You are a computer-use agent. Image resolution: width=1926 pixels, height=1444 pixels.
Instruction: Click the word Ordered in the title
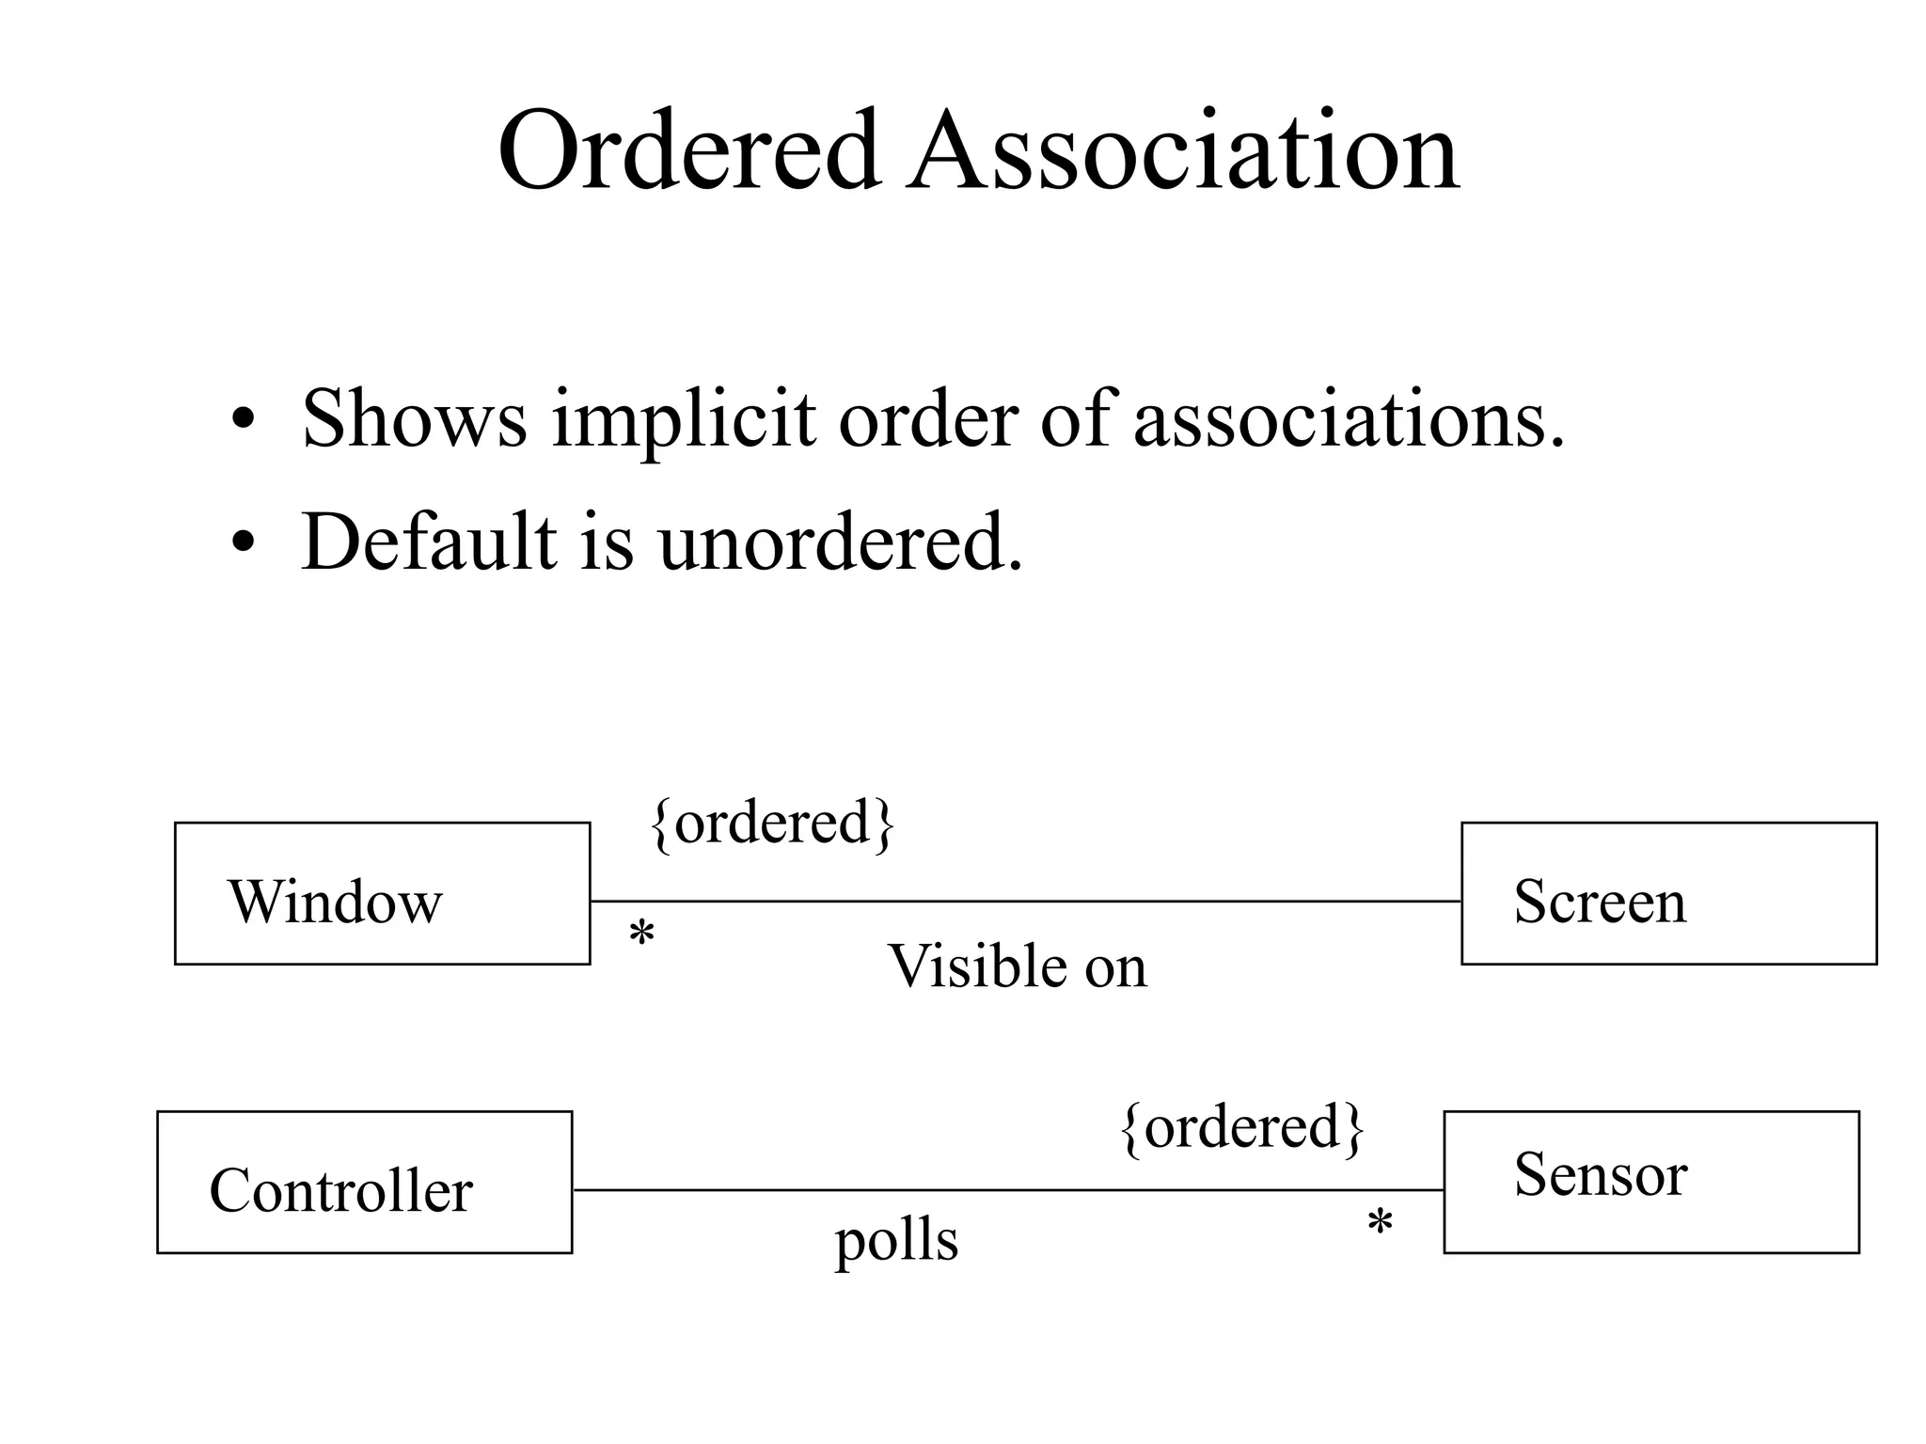(689, 150)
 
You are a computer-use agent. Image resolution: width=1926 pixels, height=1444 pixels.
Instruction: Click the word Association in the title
(1182, 150)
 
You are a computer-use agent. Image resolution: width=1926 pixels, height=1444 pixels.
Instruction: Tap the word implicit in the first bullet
(684, 419)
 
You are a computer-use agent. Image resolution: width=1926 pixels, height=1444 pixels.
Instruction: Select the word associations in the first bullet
(1349, 419)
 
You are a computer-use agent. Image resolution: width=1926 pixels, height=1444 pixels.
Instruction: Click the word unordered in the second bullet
(840, 543)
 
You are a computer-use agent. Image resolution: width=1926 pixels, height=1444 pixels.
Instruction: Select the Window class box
(382, 893)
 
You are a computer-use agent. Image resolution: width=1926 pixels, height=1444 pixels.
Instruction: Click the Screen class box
(1668, 893)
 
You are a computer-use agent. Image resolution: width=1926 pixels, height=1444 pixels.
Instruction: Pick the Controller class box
(364, 1182)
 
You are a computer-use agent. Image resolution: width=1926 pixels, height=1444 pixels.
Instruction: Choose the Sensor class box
(1650, 1182)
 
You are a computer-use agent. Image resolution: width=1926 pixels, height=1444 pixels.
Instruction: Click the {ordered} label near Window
(772, 824)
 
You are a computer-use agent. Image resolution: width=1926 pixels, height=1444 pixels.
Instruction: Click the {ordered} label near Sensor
(1242, 1127)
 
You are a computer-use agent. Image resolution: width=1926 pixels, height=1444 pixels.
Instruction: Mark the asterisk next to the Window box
(641, 934)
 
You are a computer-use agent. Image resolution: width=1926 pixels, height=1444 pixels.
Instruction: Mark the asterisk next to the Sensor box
(1380, 1223)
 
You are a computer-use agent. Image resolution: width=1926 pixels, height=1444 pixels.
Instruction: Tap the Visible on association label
(1018, 966)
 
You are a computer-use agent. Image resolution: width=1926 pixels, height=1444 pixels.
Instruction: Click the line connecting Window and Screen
(1025, 901)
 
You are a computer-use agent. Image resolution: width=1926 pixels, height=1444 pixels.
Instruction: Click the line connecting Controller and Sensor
(1006, 1189)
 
